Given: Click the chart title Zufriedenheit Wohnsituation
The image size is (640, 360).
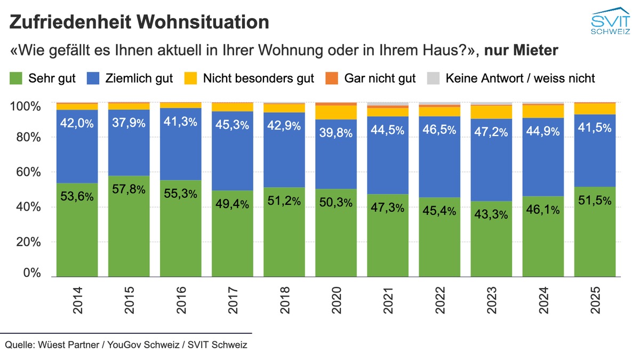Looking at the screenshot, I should click(x=139, y=22).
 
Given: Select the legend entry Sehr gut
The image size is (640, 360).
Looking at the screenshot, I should click(x=43, y=78).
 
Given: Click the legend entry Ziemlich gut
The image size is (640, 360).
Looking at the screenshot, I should click(x=137, y=78).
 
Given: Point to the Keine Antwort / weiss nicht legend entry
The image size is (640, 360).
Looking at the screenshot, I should click(x=512, y=78).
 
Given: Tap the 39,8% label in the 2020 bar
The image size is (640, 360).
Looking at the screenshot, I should click(x=336, y=133).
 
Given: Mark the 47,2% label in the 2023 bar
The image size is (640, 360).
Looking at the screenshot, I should click(x=492, y=132).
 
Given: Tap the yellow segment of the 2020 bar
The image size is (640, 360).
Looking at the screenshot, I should click(x=336, y=112).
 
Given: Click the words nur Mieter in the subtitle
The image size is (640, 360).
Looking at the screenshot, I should click(x=522, y=51).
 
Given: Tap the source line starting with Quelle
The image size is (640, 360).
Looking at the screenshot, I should click(x=126, y=345).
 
